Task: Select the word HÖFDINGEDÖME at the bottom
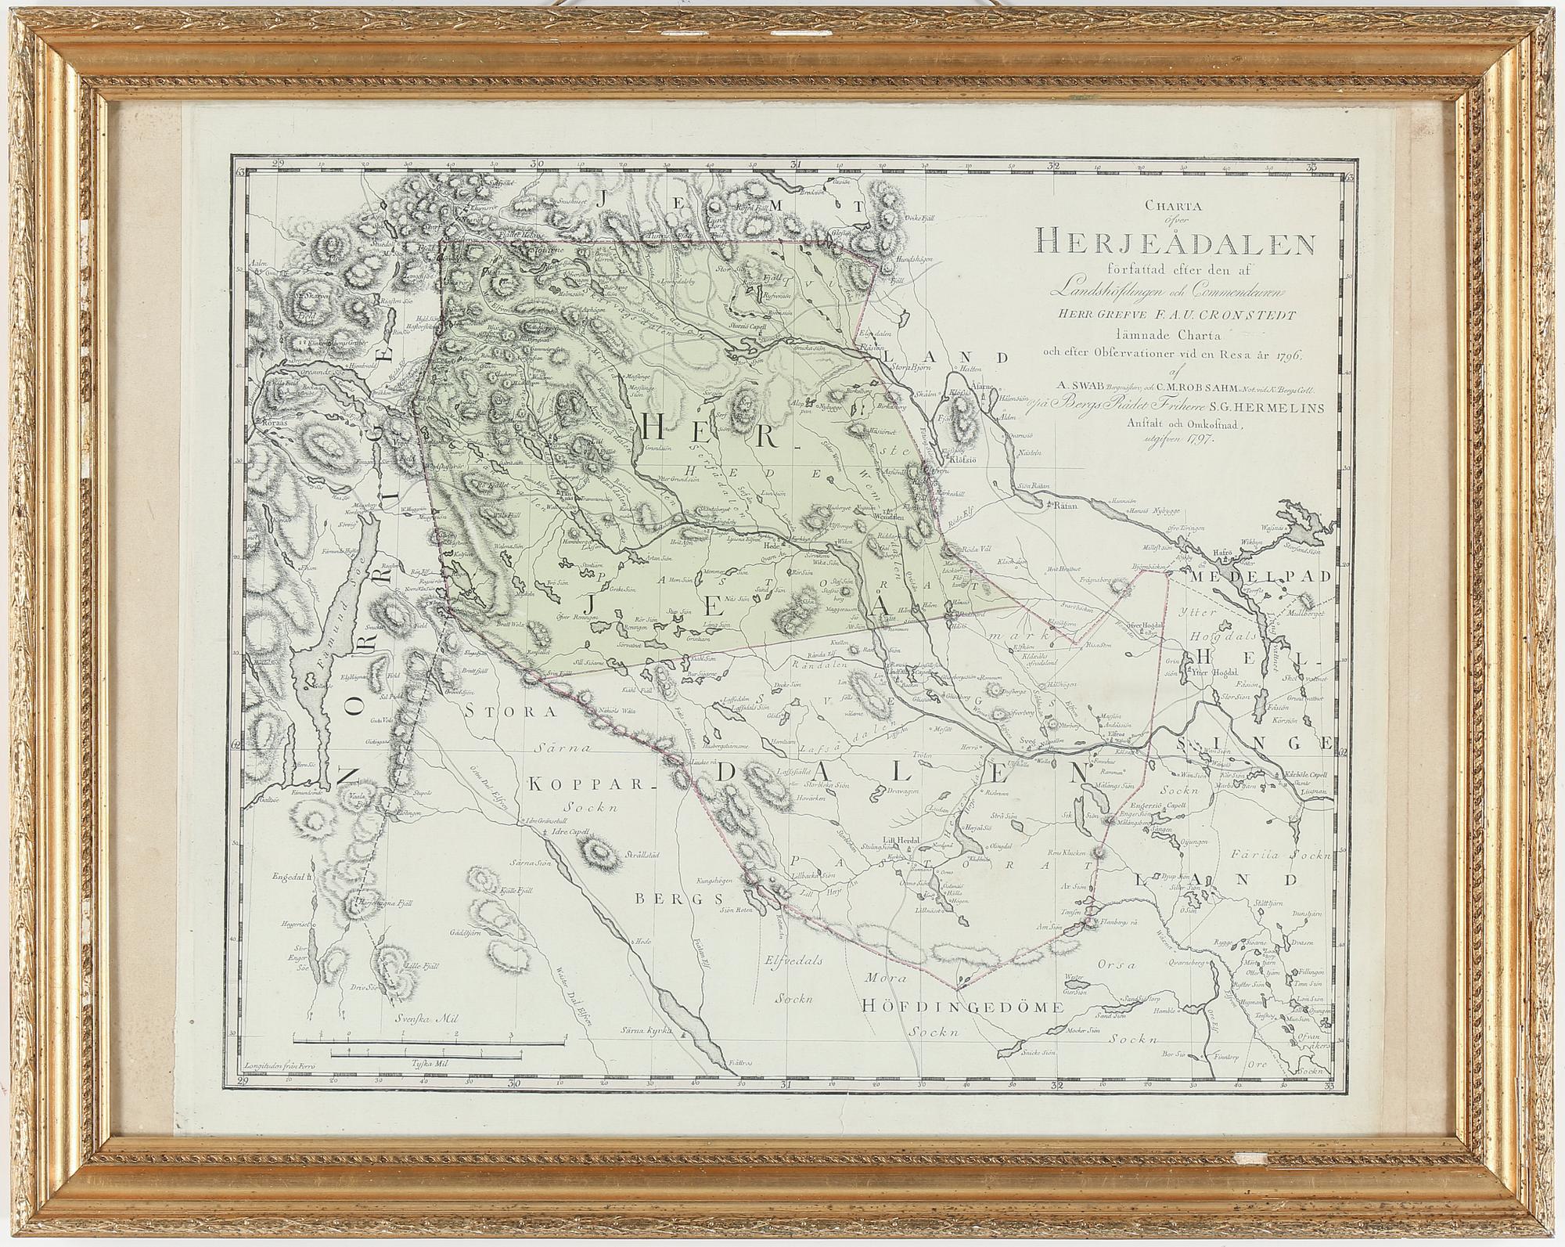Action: (962, 1007)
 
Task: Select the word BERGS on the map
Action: (672, 900)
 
